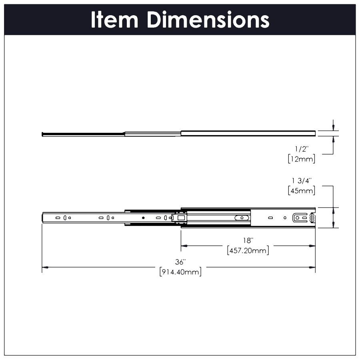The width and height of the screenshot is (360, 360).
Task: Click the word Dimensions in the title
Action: click(208, 20)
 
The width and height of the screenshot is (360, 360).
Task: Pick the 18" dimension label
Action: click(248, 240)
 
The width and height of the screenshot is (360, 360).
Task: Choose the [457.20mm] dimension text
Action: click(248, 250)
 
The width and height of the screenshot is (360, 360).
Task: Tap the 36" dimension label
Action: click(180, 262)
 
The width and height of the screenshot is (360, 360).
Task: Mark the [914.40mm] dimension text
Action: click(180, 272)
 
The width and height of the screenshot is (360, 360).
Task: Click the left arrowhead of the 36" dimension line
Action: click(45, 267)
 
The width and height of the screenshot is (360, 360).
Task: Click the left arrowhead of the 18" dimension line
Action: click(184, 246)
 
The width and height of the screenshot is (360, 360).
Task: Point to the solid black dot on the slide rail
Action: click(143, 218)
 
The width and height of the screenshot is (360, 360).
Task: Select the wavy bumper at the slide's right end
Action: click(312, 218)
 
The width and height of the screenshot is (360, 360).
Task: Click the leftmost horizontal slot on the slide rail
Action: click(58, 218)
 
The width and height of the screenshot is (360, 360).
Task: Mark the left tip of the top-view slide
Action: click(42, 134)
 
